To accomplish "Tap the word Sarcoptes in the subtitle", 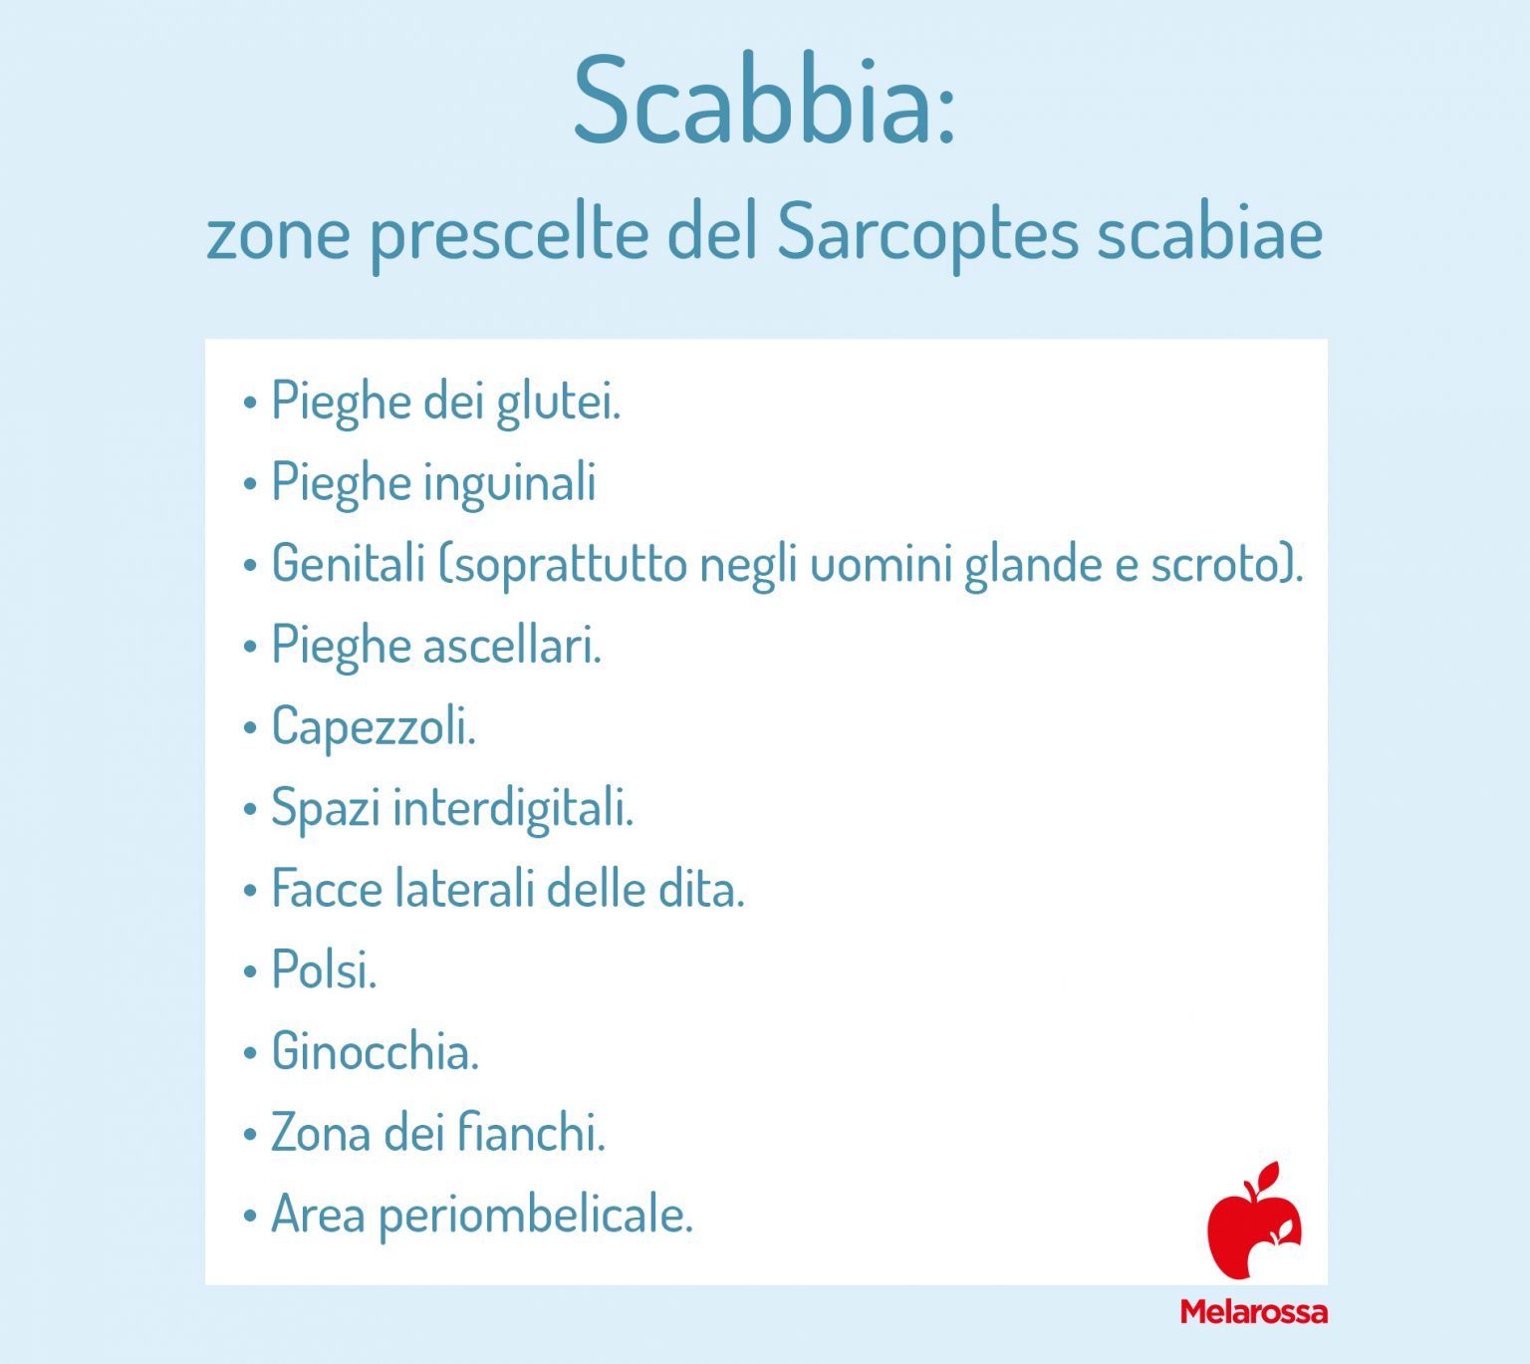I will (x=927, y=234).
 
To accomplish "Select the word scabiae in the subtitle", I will (x=1209, y=234).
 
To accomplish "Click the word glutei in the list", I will (x=557, y=403).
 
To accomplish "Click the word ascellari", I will (x=512, y=646).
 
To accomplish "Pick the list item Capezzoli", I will (x=373, y=727).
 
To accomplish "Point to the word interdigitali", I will (x=513, y=808).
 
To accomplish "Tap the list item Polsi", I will (x=324, y=969).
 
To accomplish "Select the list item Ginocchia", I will (x=375, y=1051).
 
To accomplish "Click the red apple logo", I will (x=1253, y=1223).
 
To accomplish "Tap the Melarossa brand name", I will (x=1253, y=1311).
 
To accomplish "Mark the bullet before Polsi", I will (x=250, y=971).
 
